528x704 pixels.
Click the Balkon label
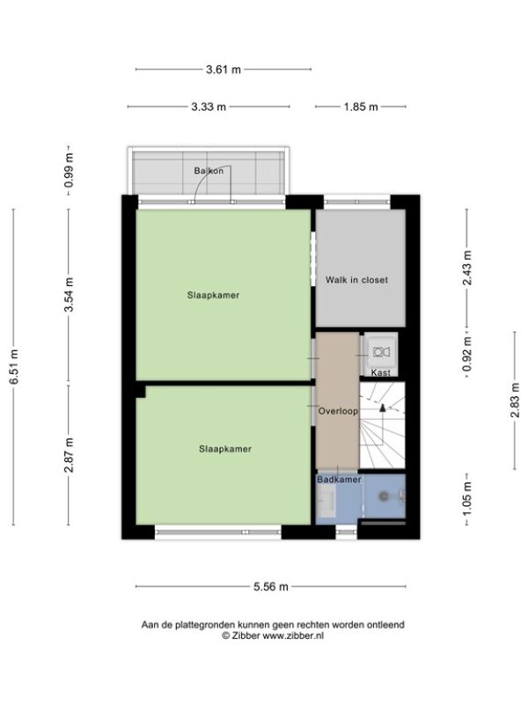209,171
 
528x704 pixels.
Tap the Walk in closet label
356,280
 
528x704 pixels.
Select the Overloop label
338,411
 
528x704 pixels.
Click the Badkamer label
339,480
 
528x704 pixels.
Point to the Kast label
381,372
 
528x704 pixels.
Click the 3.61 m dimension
224,70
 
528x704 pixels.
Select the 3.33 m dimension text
209,106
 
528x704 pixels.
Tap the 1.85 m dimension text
361,106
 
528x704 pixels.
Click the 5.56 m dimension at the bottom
271,586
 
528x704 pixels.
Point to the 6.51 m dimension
14,366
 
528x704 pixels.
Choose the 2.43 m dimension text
467,268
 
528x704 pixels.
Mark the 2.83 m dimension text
515,400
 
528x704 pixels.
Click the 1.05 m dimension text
467,499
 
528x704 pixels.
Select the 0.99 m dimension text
69,171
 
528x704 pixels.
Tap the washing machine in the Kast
381,352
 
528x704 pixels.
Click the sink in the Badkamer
326,501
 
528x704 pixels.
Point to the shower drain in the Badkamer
384,496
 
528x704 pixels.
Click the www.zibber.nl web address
293,635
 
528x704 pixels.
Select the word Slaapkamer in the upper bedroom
213,296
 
